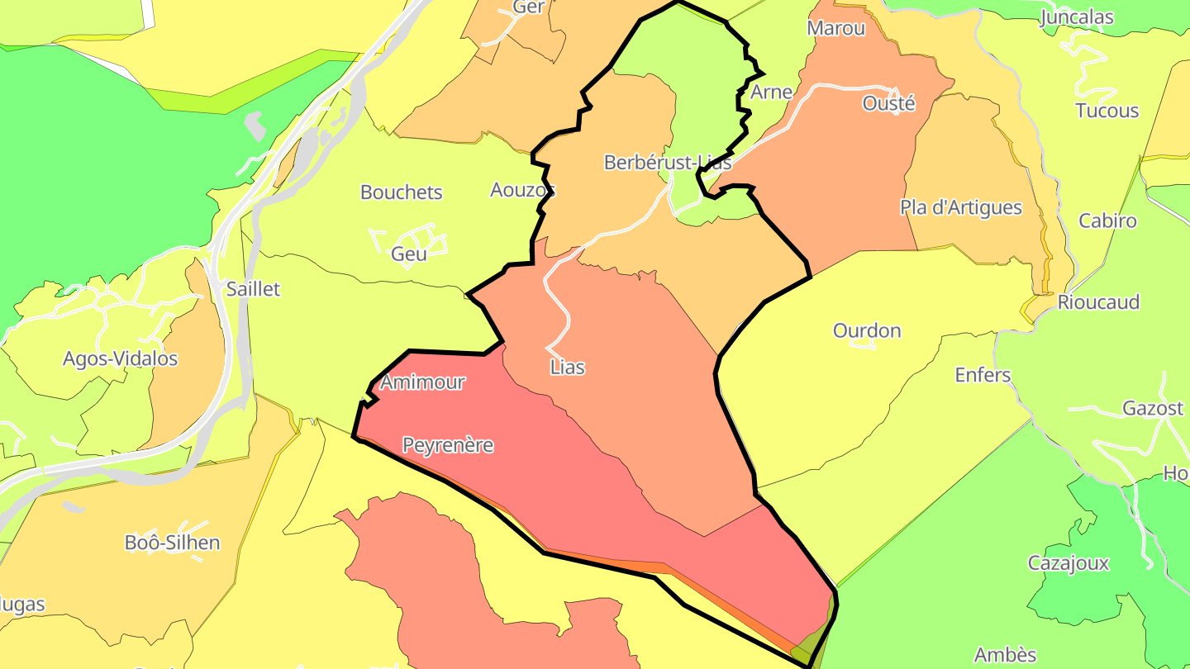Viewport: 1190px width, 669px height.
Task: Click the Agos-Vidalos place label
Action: click(121, 358)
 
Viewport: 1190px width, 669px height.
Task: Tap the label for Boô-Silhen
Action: click(173, 543)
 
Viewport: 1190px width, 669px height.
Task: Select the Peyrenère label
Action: click(448, 445)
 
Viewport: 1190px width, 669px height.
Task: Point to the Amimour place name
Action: click(422, 382)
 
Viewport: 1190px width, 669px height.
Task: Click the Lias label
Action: click(568, 368)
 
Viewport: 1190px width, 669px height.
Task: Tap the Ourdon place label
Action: click(867, 330)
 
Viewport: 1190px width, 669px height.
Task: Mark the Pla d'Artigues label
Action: click(961, 207)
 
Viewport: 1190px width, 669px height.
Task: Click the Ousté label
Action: click(888, 103)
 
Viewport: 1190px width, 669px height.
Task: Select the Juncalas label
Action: click(1077, 17)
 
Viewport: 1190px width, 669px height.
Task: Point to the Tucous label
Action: click(1107, 111)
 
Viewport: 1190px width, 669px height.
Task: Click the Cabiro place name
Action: click(1108, 221)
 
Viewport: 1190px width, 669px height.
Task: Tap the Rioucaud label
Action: click(1099, 301)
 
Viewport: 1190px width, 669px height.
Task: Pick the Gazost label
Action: click(1153, 408)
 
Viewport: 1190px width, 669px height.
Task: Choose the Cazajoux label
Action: click(1069, 563)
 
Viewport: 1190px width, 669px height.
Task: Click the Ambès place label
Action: click(1006, 655)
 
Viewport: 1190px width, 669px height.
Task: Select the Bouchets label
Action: click(402, 192)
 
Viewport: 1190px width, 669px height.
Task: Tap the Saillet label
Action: click(254, 289)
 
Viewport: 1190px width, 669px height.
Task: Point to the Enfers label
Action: click(983, 375)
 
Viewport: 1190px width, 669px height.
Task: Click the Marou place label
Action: click(836, 28)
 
